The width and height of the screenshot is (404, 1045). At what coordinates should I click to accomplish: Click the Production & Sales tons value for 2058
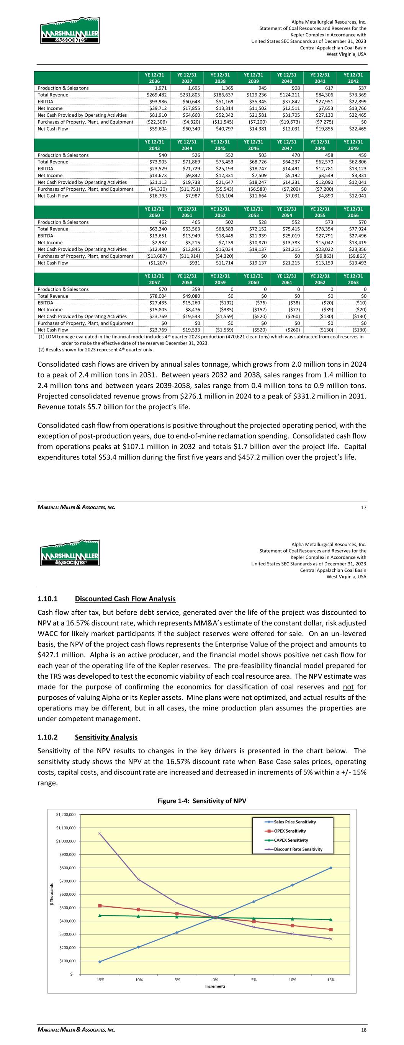(x=190, y=289)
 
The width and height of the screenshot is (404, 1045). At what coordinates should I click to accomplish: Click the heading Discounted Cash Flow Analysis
(x=126, y=599)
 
